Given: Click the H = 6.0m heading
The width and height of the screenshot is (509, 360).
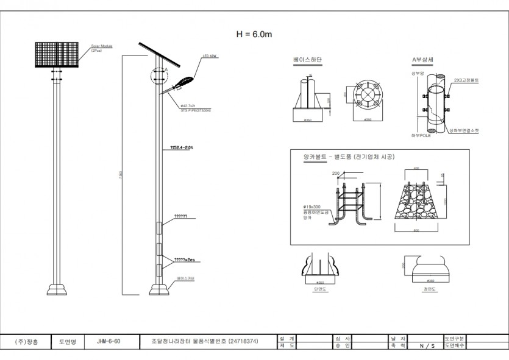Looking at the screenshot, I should click(x=254, y=34).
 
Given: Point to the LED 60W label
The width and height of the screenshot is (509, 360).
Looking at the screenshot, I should click(x=210, y=57).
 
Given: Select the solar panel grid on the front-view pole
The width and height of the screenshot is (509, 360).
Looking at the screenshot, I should click(x=57, y=55).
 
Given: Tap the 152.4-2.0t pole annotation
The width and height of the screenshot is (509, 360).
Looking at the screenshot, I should click(x=181, y=147).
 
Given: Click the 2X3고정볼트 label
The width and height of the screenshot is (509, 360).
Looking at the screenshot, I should click(x=466, y=80).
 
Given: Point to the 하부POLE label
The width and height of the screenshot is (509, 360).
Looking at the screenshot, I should click(x=421, y=135).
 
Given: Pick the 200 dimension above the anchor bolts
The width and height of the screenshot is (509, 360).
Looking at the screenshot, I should click(x=336, y=174).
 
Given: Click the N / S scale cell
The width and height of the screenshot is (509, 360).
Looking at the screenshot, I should click(x=427, y=345).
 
